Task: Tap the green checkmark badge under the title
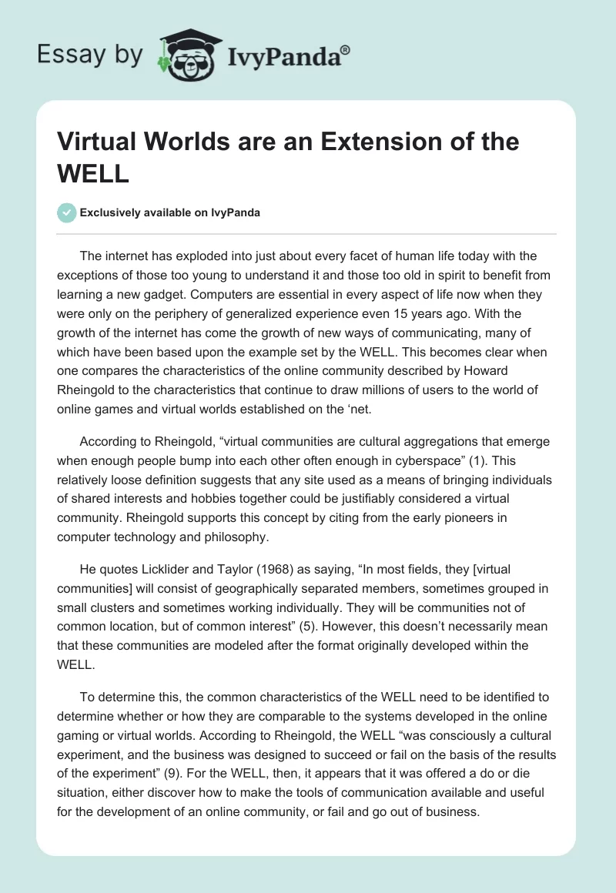(x=67, y=212)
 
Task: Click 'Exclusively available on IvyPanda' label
(x=170, y=212)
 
